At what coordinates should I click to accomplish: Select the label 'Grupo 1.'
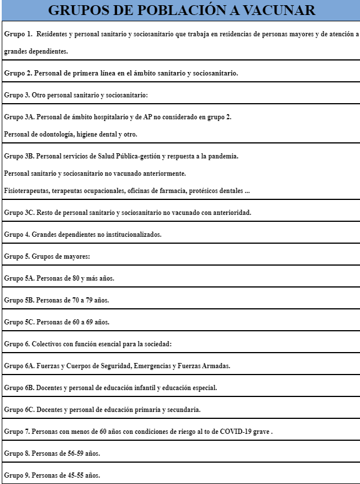tap(18, 35)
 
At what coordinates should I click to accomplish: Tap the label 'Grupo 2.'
tap(18, 73)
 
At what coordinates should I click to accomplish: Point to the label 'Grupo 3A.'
tap(20, 117)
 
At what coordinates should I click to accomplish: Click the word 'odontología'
tap(59, 134)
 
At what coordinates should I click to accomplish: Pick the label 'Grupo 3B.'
tap(20, 156)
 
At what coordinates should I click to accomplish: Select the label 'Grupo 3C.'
tap(20, 213)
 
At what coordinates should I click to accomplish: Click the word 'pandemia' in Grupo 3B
tap(222, 156)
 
